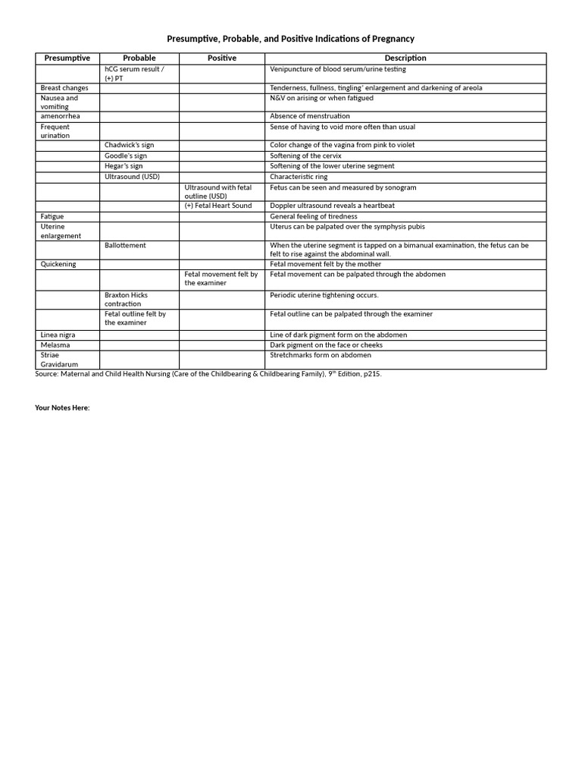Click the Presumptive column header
67,58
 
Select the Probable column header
139,58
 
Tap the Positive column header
221,58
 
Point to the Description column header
405,58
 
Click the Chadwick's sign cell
130,145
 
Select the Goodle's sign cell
126,156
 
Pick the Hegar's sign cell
124,166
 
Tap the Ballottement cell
126,246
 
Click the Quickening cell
58,264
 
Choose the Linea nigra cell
58,335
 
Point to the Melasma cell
55,345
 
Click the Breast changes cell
64,88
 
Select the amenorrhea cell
60,116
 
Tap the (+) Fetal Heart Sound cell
218,206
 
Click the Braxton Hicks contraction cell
127,299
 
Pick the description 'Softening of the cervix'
305,156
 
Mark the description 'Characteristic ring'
299,177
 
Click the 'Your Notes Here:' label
62,407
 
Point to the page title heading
291,39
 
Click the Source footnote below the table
214,374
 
